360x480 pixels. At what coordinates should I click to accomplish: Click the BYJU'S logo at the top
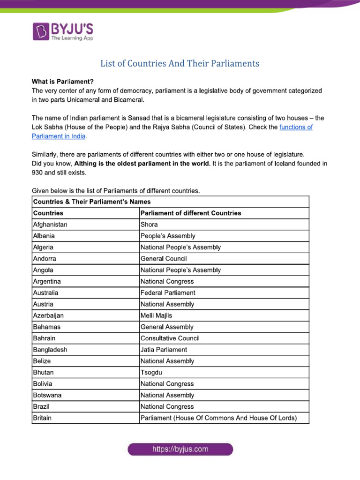pyautogui.click(x=63, y=31)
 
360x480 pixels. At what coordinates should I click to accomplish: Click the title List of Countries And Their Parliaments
pyautogui.click(x=180, y=63)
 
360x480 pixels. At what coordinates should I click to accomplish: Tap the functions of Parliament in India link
pyautogui.click(x=296, y=127)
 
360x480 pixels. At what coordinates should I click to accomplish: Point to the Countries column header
pyautogui.click(x=48, y=213)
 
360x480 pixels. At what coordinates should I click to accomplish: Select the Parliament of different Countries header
pyautogui.click(x=191, y=213)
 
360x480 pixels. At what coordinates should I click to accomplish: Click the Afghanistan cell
pyautogui.click(x=50, y=225)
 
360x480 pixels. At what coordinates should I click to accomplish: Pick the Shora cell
pyautogui.click(x=149, y=225)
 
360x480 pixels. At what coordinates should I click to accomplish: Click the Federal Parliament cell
pyautogui.click(x=168, y=292)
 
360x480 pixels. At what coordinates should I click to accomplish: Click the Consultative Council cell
pyautogui.click(x=170, y=338)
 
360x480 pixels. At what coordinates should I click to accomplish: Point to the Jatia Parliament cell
pyautogui.click(x=164, y=350)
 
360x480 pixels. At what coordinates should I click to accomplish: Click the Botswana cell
pyautogui.click(x=47, y=395)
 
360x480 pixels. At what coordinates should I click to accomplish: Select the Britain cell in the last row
pyautogui.click(x=42, y=418)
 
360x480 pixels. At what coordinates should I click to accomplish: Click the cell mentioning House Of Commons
pyautogui.click(x=218, y=418)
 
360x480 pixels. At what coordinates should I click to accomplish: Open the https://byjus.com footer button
pyautogui.click(x=180, y=450)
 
